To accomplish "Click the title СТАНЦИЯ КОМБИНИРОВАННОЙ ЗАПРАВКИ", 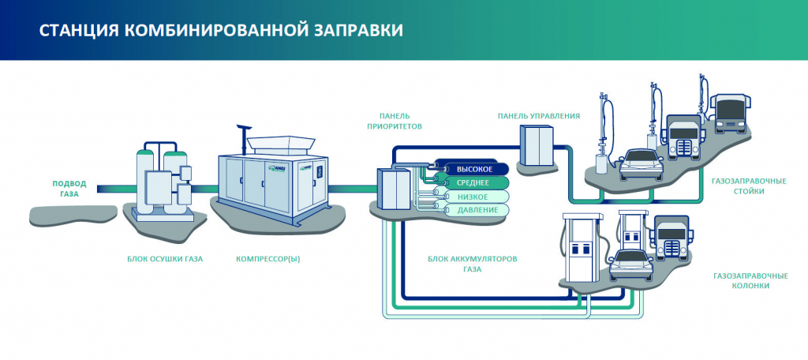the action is pyautogui.click(x=221, y=30).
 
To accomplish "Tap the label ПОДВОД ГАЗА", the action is pyautogui.click(x=69, y=189).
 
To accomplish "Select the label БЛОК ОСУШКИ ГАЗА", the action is pyautogui.click(x=165, y=260).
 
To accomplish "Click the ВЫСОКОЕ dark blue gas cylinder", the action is pyautogui.click(x=471, y=169).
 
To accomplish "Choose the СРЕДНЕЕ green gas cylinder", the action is pyautogui.click(x=471, y=182).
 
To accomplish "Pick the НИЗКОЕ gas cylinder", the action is pyautogui.click(x=471, y=197).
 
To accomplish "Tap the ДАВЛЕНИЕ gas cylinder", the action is pyautogui.click(x=471, y=210).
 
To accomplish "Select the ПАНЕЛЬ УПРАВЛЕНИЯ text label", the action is pyautogui.click(x=538, y=116).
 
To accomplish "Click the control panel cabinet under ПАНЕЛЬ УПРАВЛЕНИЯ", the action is pyautogui.click(x=537, y=145).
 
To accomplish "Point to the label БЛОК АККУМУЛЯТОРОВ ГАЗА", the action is pyautogui.click(x=472, y=264).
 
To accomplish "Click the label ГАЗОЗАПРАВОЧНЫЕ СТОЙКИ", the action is pyautogui.click(x=749, y=186).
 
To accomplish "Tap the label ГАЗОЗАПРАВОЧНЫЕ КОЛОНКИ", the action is pyautogui.click(x=750, y=280).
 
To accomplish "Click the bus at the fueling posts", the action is pyautogui.click(x=728, y=114).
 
